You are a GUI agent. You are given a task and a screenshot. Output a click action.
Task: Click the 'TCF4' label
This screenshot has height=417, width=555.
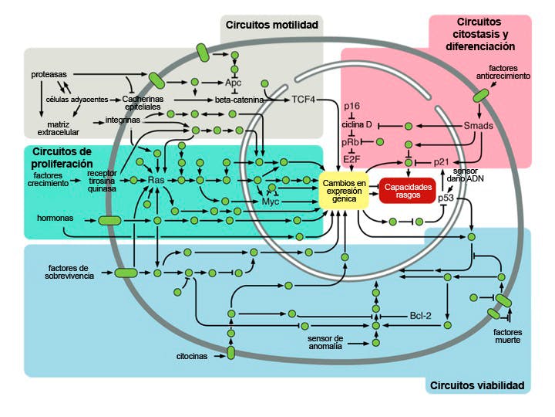(303, 99)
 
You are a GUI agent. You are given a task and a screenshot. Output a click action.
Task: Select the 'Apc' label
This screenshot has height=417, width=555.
(234, 82)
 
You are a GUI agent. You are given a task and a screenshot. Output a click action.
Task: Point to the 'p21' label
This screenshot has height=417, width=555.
(441, 161)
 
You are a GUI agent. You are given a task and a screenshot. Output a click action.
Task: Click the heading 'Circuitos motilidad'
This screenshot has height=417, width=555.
(272, 25)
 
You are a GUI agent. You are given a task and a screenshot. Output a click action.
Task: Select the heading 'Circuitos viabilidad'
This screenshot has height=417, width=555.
(477, 385)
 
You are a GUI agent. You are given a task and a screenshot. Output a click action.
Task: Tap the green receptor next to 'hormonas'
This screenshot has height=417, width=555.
(109, 220)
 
